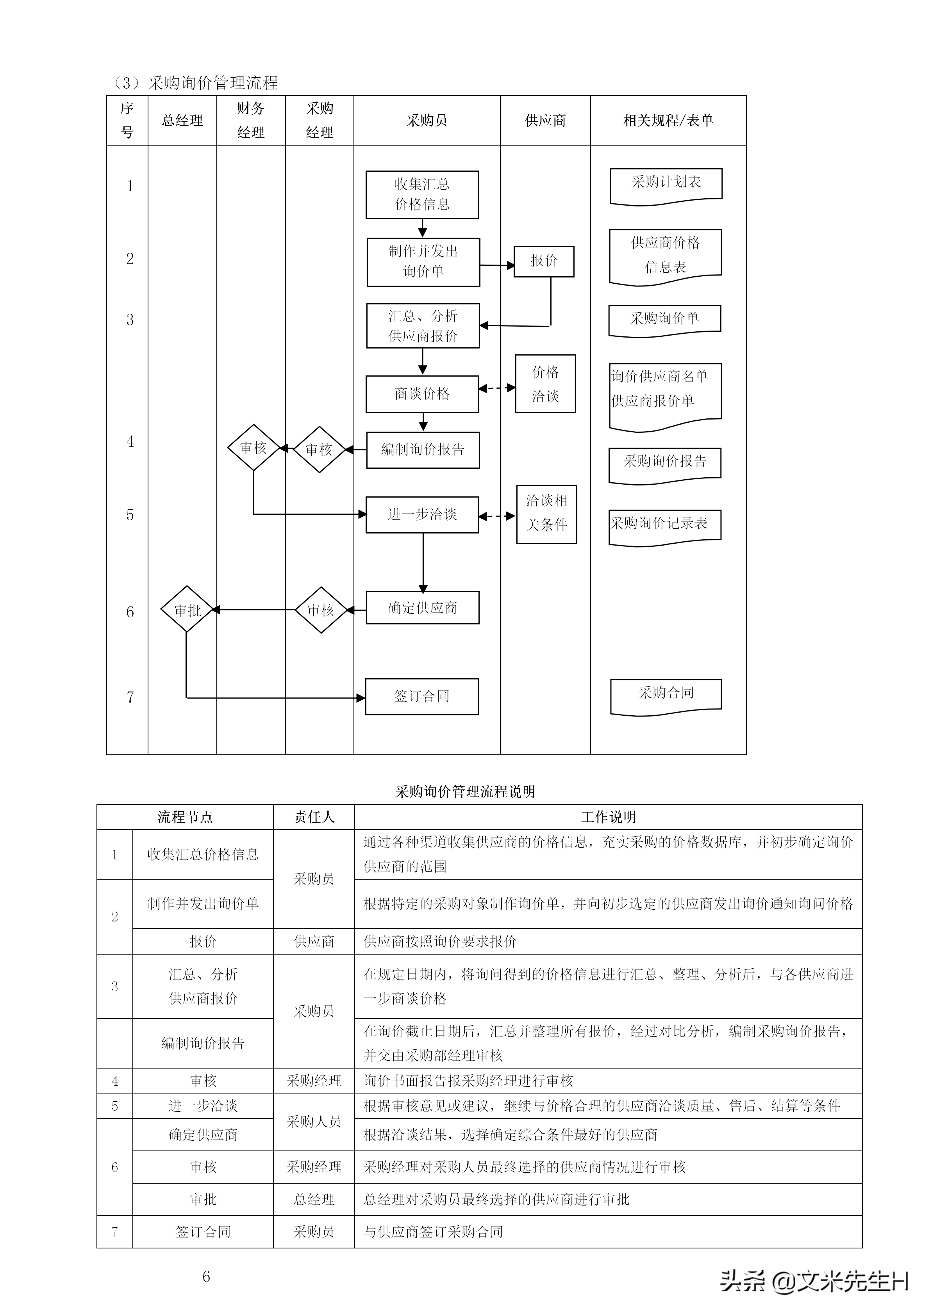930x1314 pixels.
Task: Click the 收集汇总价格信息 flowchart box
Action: [x=422, y=195]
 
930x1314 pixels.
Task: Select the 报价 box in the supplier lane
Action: [x=543, y=261]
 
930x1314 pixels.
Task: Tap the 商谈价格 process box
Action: [x=422, y=394]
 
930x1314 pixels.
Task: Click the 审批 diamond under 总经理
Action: [x=187, y=610]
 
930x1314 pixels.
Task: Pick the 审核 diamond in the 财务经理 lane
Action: [x=253, y=448]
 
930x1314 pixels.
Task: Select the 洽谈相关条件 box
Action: [x=546, y=514]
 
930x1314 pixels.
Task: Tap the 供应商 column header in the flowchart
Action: [x=545, y=121]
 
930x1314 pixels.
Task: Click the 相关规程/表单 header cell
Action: [x=668, y=121]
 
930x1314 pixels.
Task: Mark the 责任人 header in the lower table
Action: [x=313, y=817]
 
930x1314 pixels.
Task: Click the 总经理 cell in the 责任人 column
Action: [x=313, y=1199]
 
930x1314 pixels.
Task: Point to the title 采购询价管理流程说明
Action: [x=465, y=791]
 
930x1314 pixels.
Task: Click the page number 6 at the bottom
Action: [x=206, y=1276]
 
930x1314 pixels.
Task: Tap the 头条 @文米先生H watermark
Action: [x=813, y=1281]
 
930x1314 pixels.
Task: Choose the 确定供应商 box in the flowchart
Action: [x=422, y=608]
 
